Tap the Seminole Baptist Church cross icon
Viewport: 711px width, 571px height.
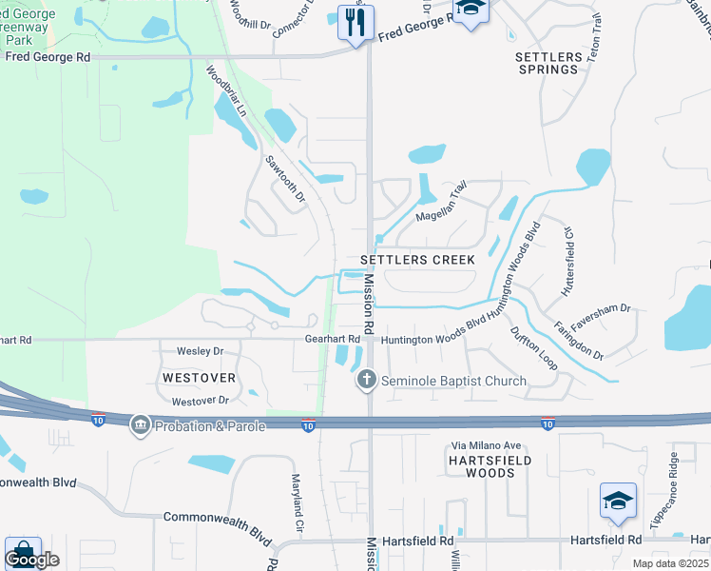(x=365, y=381)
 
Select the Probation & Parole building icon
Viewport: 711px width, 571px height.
(x=140, y=423)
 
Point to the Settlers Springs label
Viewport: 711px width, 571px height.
(x=548, y=63)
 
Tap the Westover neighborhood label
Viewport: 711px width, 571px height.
(x=199, y=378)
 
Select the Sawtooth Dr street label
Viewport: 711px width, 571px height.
(x=284, y=179)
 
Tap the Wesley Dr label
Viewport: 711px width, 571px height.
(x=200, y=351)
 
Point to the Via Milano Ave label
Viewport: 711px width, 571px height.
(x=486, y=445)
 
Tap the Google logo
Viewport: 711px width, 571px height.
(x=31, y=560)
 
